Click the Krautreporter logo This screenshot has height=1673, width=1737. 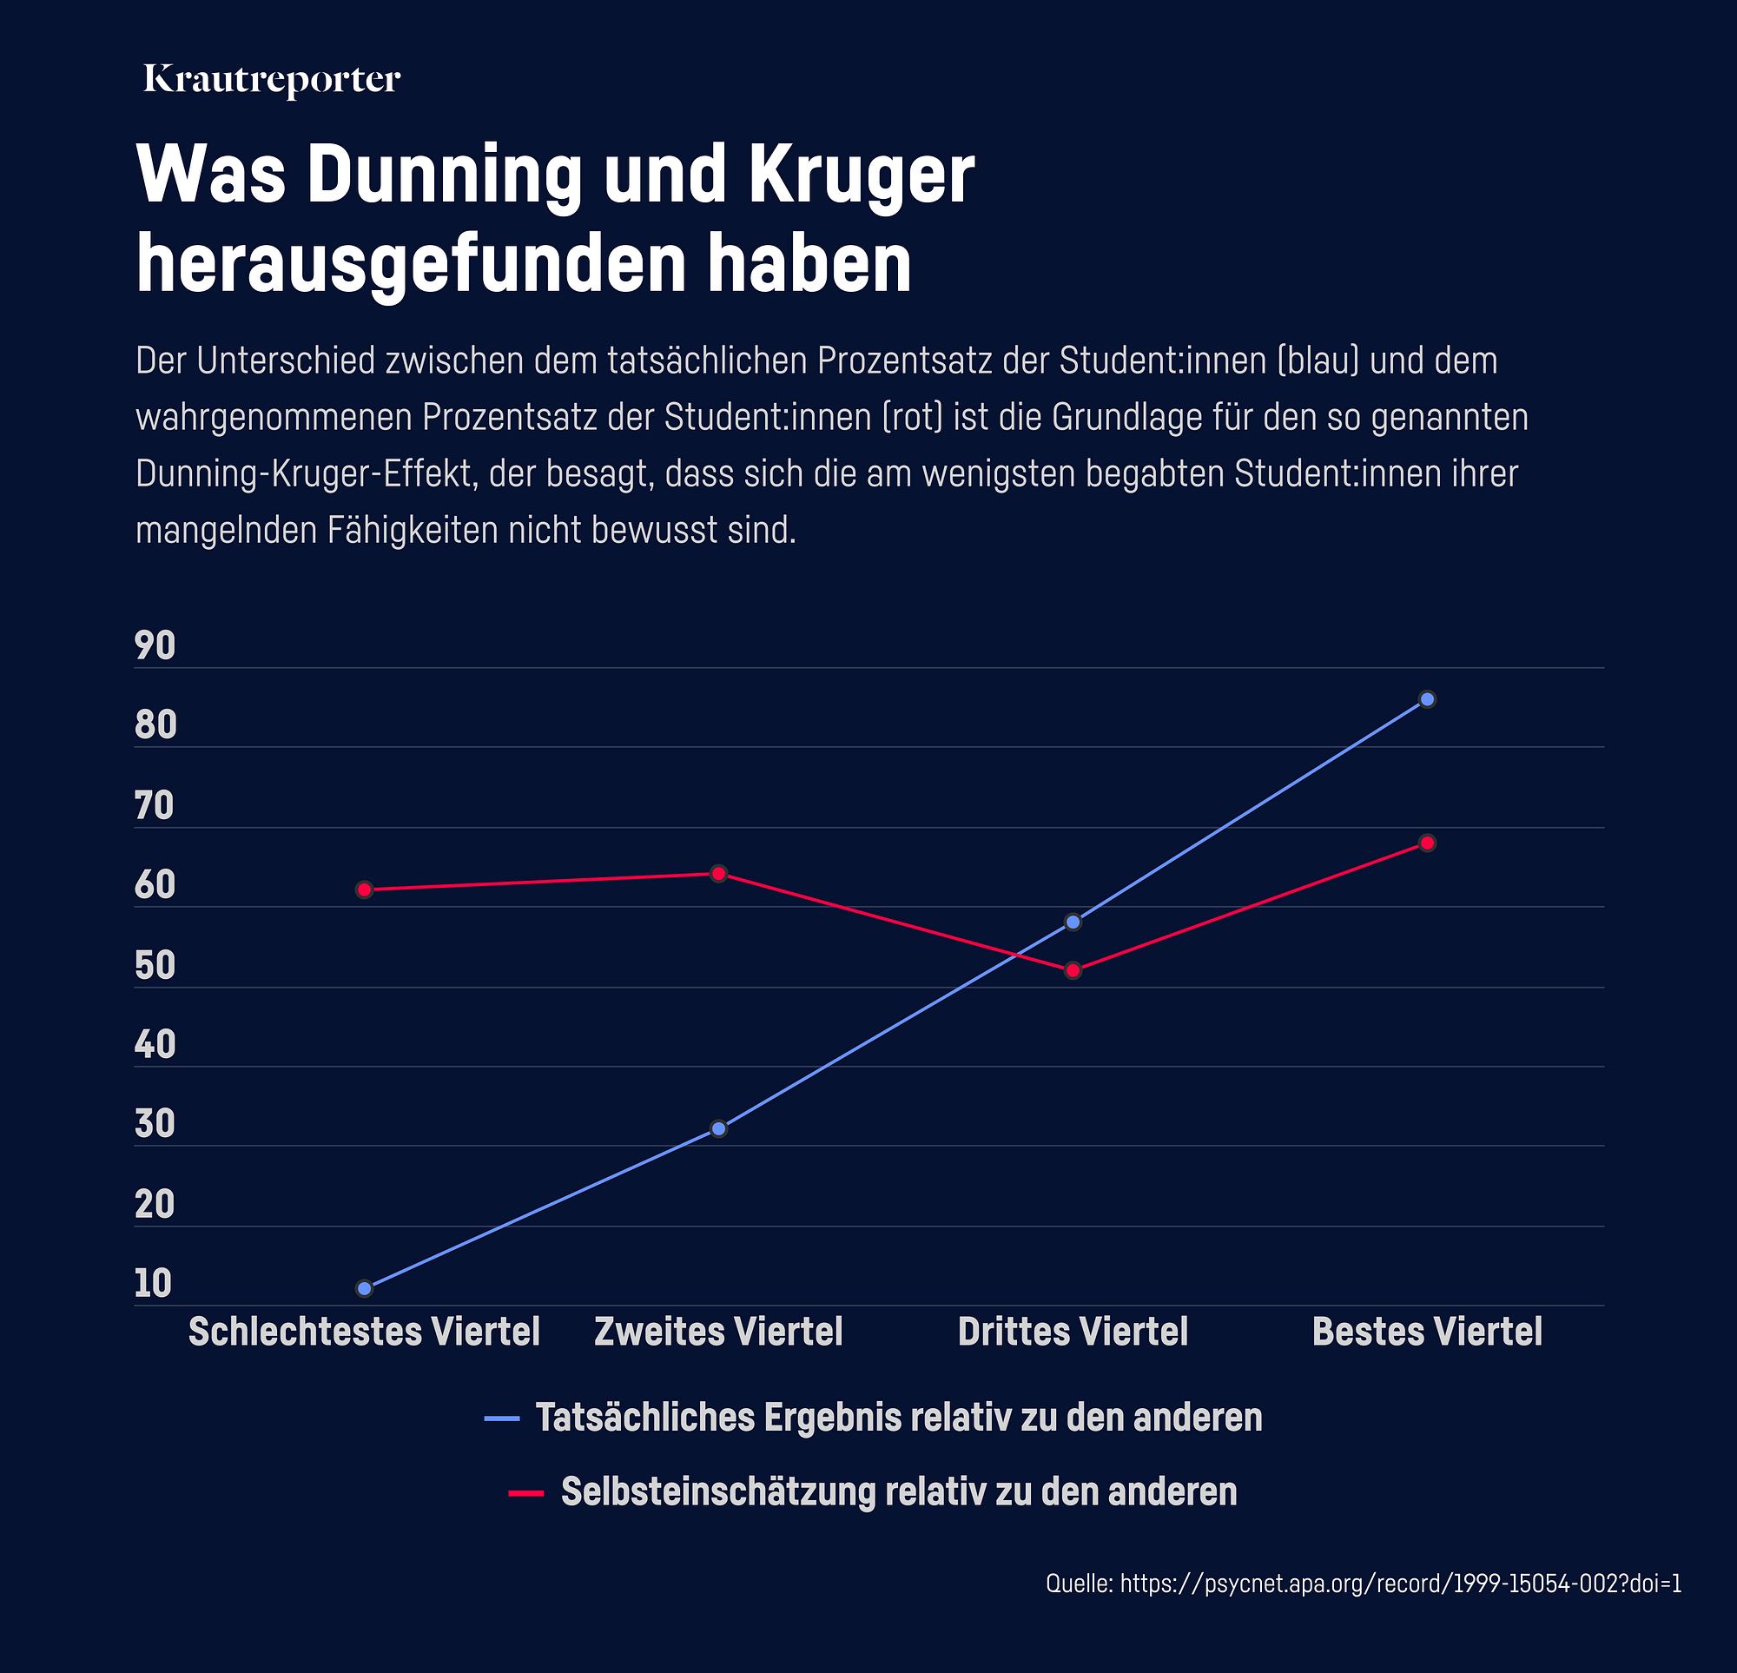coord(272,80)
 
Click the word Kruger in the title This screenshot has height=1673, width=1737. coord(861,175)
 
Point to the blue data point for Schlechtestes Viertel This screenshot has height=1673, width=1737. coord(364,1288)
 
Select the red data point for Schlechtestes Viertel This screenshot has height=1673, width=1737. coord(364,889)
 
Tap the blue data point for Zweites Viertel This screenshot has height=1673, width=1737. coord(719,1128)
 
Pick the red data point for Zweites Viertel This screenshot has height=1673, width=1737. coord(719,873)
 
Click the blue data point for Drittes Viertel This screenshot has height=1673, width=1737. coord(1073,922)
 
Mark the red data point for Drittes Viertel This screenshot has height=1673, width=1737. coord(1073,970)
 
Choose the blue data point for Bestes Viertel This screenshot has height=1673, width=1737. coord(1428,699)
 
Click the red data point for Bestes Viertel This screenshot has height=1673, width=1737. coord(1428,843)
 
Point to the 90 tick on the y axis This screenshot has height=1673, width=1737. coord(155,646)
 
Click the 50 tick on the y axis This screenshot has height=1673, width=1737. coord(155,966)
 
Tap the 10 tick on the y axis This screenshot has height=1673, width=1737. coord(154,1284)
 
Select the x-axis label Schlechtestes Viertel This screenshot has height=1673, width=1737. coord(364,1332)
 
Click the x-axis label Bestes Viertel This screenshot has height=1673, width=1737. coord(1427,1332)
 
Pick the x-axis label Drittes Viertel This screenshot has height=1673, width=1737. coord(1073,1332)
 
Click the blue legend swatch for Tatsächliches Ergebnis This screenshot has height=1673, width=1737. coord(502,1419)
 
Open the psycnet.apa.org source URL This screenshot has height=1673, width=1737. coord(1400,1584)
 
